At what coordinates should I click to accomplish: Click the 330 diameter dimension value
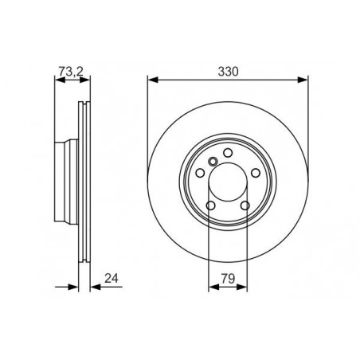tap(229, 71)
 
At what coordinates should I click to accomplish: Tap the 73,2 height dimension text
tap(69, 71)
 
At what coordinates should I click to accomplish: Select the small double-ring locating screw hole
tap(212, 163)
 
